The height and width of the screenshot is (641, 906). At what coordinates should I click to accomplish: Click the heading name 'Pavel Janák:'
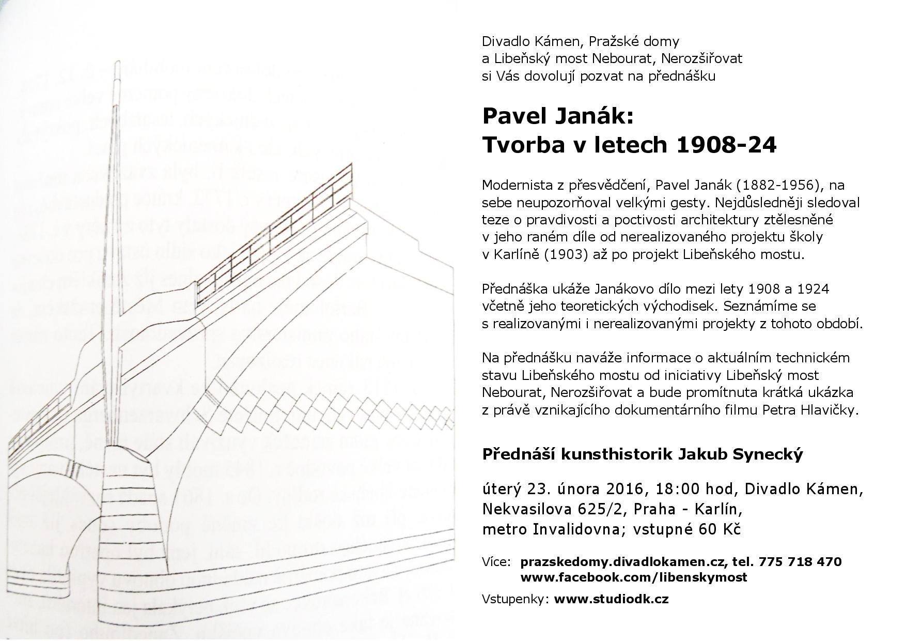point(557,116)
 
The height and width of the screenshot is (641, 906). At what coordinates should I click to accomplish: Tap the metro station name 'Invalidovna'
point(570,529)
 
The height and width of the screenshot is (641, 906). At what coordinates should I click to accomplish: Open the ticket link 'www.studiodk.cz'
point(611,599)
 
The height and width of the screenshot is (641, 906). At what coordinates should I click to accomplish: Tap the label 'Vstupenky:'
point(514,599)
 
